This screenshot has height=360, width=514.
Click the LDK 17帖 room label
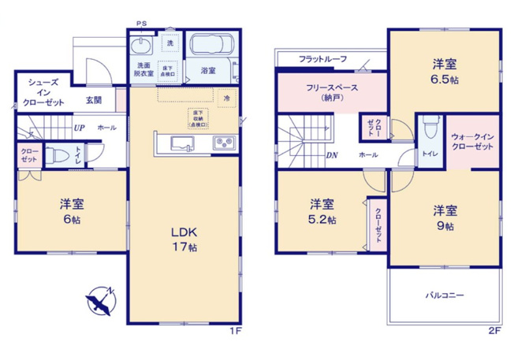click(185, 239)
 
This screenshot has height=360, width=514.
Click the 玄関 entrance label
click(95, 99)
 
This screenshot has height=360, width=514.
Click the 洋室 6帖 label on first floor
click(73, 211)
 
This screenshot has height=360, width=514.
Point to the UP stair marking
click(80, 127)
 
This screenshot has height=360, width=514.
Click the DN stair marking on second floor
click(332, 154)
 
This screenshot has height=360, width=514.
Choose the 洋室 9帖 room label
click(443, 217)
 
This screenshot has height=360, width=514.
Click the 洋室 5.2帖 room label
click(321, 211)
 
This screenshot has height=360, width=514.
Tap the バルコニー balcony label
click(445, 297)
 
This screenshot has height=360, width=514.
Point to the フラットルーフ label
click(323, 59)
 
